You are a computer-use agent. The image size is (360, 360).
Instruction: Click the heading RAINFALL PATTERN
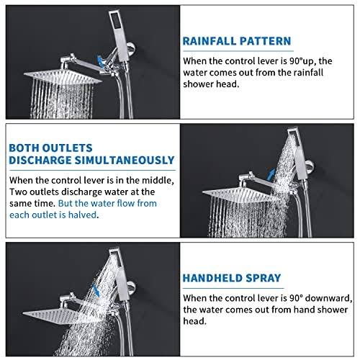click(237, 41)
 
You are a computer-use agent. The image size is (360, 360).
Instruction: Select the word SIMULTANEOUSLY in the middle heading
click(125, 161)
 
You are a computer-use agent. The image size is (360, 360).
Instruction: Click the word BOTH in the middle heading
click(24, 148)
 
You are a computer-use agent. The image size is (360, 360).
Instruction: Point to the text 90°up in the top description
click(303, 61)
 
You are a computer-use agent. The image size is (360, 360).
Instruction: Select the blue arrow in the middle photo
click(271, 174)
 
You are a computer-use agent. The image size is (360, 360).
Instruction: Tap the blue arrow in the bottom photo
click(96, 289)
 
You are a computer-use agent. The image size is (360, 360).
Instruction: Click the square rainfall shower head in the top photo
click(63, 77)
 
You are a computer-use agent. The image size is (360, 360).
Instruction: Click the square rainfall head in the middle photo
click(241, 194)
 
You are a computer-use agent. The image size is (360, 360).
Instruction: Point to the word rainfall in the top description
click(309, 73)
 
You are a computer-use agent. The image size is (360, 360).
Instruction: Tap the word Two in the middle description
click(18, 192)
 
